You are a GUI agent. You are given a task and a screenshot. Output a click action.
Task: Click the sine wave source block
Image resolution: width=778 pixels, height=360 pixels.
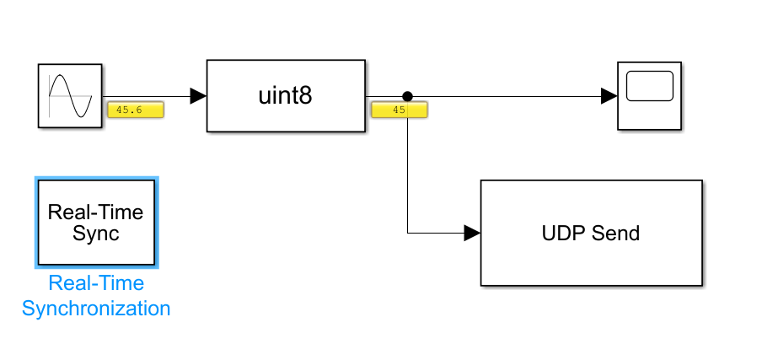[70, 95]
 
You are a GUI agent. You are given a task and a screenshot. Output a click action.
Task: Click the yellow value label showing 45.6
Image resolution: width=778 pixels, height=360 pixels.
[135, 110]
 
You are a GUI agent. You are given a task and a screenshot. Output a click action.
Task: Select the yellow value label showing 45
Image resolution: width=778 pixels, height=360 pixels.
[400, 110]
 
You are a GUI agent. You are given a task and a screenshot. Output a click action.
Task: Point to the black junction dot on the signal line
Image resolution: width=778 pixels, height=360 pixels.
[407, 96]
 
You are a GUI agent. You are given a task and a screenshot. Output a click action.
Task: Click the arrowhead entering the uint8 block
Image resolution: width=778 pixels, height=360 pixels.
[198, 96]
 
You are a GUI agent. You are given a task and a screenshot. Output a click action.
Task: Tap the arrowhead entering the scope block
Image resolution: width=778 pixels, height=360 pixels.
[609, 96]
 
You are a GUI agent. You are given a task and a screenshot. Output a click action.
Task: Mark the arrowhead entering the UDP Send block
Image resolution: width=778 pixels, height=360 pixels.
[471, 232]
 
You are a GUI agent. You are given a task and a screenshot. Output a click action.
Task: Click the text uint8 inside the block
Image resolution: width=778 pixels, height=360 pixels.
[285, 96]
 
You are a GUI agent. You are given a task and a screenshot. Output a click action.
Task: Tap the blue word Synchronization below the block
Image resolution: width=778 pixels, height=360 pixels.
[96, 309]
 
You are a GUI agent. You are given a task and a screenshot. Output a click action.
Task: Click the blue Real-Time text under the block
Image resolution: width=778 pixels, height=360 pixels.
[96, 283]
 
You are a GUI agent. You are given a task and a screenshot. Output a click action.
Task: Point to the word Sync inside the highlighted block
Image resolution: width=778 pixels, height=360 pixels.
[95, 233]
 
